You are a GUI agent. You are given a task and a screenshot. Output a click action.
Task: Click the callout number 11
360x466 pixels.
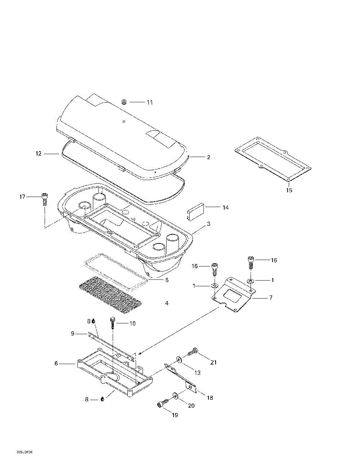pyautogui.click(x=149, y=102)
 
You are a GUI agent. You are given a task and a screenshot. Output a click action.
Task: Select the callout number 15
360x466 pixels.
pyautogui.click(x=289, y=190)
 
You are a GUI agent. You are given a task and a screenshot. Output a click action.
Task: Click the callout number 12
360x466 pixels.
pyautogui.click(x=39, y=154)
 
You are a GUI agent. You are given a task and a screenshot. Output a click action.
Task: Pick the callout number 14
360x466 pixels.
pyautogui.click(x=225, y=207)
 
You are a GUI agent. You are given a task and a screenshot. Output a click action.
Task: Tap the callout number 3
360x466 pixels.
pyautogui.click(x=208, y=224)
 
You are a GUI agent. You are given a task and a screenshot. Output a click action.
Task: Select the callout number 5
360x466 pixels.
pyautogui.click(x=167, y=280)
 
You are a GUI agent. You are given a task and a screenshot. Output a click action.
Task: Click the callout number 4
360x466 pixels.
pyautogui.click(x=167, y=303)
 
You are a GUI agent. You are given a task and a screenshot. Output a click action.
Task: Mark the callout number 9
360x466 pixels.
pyautogui.click(x=73, y=334)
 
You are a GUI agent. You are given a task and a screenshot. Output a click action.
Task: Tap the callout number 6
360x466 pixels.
pyautogui.click(x=56, y=363)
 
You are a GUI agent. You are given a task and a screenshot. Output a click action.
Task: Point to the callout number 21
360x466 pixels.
pyautogui.click(x=213, y=362)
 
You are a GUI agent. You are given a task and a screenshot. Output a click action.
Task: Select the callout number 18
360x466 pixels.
pyautogui.click(x=210, y=398)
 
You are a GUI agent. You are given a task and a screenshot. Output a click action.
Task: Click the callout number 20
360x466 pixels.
pyautogui.click(x=191, y=405)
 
